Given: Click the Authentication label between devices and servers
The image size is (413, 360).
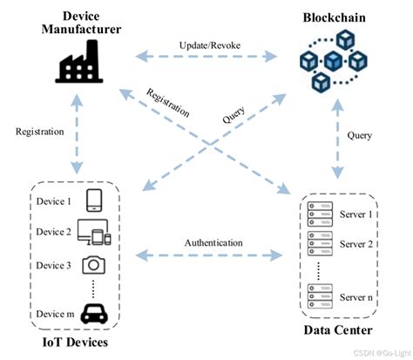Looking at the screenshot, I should pyautogui.click(x=213, y=243).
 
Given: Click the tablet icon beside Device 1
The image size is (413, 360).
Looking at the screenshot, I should pyautogui.click(x=95, y=201).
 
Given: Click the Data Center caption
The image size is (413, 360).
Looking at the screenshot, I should pyautogui.click(x=335, y=330).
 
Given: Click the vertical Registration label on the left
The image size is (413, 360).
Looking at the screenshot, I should pyautogui.click(x=39, y=132).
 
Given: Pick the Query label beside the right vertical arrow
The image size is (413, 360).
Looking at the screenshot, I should pyautogui.click(x=359, y=136).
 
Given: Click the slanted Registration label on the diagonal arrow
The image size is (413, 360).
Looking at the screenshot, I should pyautogui.click(x=167, y=103).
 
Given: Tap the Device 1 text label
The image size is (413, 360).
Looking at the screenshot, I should pyautogui.click(x=53, y=201).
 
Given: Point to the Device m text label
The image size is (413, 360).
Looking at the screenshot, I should pyautogui.click(x=53, y=314).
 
